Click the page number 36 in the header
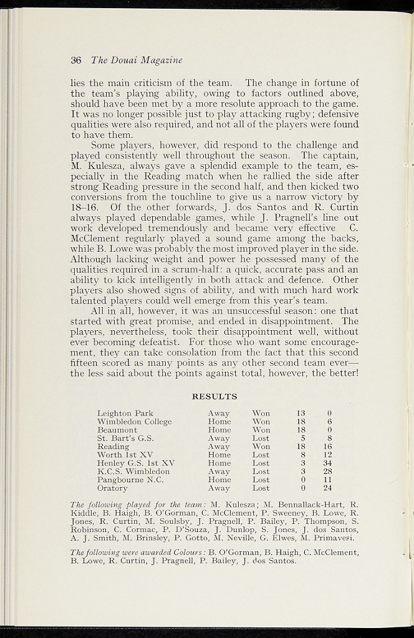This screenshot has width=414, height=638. coord(76,60)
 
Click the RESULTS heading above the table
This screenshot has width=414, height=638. coord(214,396)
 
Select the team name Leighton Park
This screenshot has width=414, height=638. coord(125,413)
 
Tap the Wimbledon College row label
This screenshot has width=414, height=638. coord(134,422)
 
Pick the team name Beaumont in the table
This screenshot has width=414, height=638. coord(117,430)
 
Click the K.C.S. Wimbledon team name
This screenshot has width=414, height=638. coord(133,472)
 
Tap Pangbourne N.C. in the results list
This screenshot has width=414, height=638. coord(130,480)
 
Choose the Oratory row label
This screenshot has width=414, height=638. coord(112,488)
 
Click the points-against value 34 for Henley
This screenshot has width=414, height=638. coord(327,464)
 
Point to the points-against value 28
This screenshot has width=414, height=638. coord(327,472)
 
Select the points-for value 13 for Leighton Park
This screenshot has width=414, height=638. coord(301,413)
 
